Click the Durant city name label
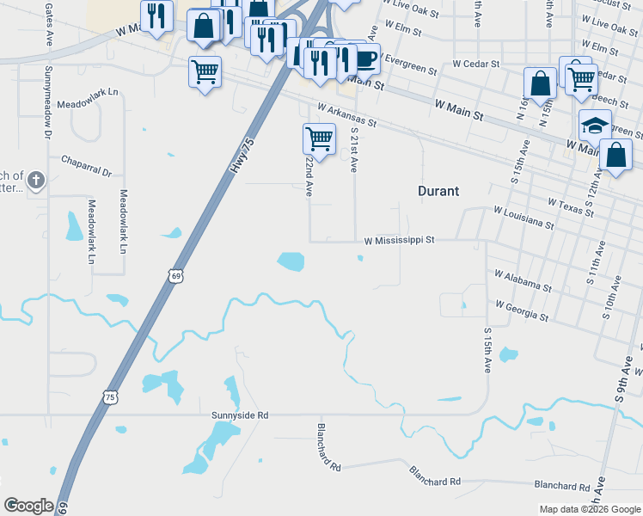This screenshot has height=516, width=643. click(438, 191)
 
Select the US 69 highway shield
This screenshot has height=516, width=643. click(175, 275)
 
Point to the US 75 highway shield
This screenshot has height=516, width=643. click(109, 396)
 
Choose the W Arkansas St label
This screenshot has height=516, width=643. click(346, 115)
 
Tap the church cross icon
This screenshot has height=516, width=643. click(35, 181)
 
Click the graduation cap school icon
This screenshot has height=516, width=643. click(595, 126)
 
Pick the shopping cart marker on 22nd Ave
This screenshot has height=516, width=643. click(319, 138)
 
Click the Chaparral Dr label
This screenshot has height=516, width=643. click(87, 165)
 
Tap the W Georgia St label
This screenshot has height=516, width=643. click(522, 310)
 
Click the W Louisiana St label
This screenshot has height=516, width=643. click(524, 217)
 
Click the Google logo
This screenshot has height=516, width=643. click(28, 506)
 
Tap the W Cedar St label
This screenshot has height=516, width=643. click(475, 64)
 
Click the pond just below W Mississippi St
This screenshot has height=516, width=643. click(291, 261)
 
